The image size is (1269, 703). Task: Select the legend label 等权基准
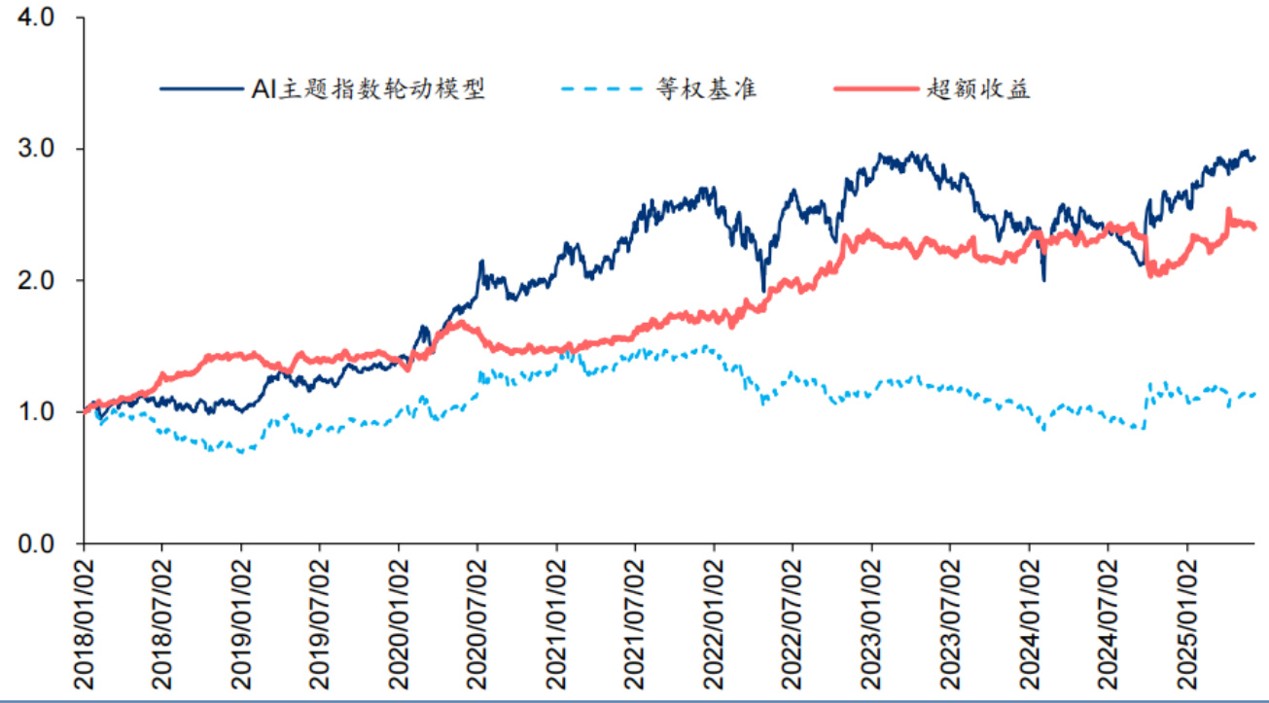coord(706,89)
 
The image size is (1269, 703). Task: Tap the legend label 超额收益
coord(979,89)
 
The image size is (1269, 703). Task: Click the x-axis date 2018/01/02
coord(84,620)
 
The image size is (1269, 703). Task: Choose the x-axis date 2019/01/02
coord(242,620)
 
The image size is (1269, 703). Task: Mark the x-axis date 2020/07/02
coord(478,620)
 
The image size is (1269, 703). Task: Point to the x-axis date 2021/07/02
coord(636,620)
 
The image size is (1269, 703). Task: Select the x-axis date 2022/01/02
coord(715,620)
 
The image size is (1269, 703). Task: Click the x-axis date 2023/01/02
coord(872,620)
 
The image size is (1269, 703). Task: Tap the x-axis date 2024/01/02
coord(1031,620)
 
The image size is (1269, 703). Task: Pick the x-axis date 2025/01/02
coord(1188,620)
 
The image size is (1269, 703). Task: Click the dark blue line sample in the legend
coord(201,89)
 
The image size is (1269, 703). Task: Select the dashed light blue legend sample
coord(603,89)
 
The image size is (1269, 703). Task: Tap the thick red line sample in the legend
coord(875,89)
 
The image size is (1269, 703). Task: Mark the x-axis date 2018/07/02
coord(162,620)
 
